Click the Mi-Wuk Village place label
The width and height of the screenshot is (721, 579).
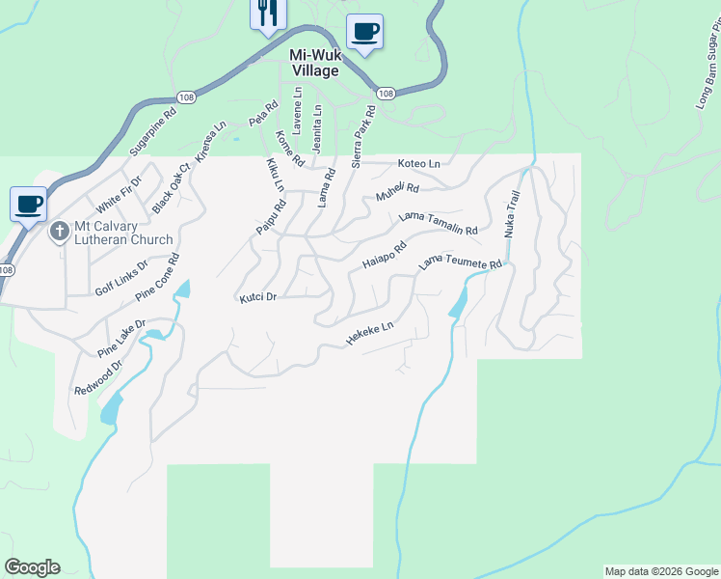point(314,64)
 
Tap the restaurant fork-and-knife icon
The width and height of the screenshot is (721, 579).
point(266,13)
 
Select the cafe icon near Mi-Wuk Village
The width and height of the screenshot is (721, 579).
point(364,31)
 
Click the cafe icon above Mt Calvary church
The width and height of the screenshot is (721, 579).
point(28,204)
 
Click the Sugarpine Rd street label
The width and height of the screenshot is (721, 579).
point(153,138)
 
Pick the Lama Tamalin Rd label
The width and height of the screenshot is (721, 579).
point(439,225)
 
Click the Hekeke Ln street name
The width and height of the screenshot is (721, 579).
point(370,334)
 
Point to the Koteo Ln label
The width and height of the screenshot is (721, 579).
point(419,164)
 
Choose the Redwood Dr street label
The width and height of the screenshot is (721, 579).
point(99,378)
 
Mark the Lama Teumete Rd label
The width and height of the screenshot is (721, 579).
point(460,263)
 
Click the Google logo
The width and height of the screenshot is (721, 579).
point(32,567)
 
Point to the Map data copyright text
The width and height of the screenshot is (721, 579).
point(660,571)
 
